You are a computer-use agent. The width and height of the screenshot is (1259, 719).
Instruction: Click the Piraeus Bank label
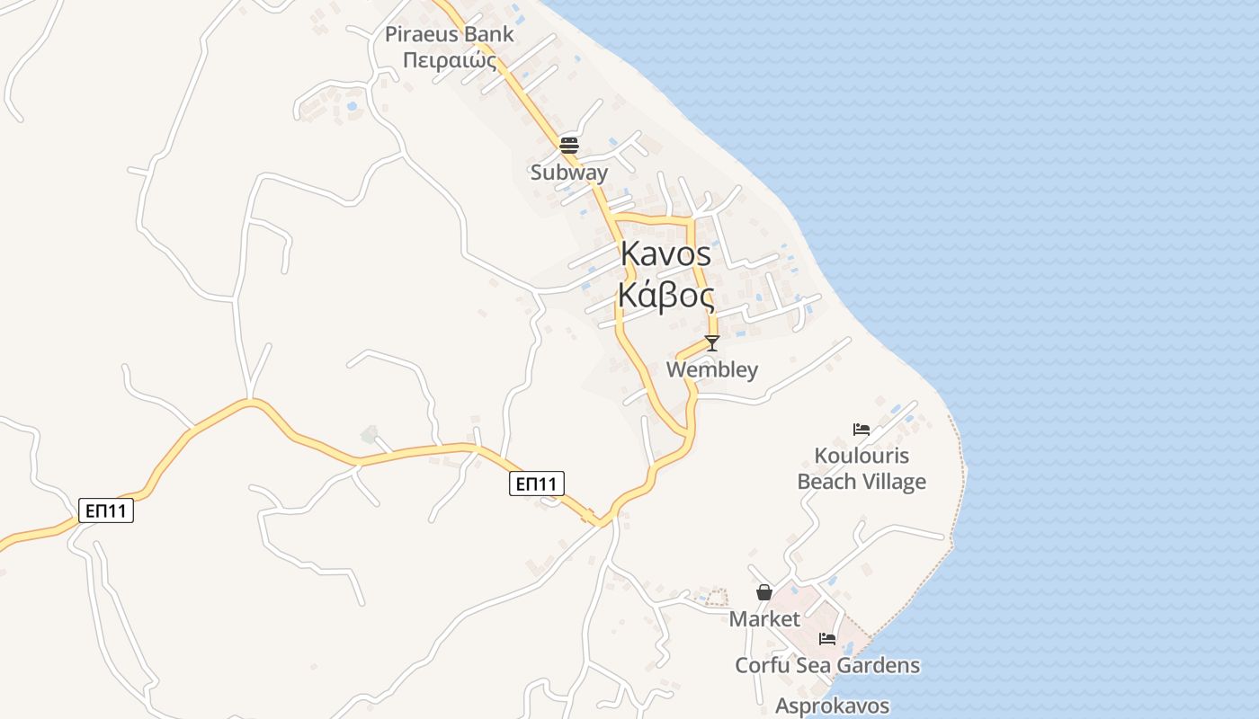(x=450, y=35)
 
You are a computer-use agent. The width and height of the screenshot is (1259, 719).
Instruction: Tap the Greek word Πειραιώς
(x=450, y=59)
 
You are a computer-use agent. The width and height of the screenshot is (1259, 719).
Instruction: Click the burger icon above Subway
(x=569, y=145)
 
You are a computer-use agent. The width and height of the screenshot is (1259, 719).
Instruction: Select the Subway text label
(x=569, y=172)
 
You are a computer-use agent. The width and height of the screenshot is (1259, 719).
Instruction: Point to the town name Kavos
(x=665, y=254)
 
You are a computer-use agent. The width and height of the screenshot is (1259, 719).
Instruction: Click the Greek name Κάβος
(x=665, y=295)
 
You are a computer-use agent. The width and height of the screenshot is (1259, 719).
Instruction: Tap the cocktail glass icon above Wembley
(x=712, y=343)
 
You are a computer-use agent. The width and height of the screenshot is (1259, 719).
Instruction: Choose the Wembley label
(x=712, y=369)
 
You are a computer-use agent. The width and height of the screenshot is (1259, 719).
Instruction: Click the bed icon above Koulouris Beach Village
(x=861, y=430)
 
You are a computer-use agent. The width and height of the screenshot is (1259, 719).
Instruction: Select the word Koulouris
(x=862, y=456)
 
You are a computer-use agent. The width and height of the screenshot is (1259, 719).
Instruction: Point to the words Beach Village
(x=862, y=482)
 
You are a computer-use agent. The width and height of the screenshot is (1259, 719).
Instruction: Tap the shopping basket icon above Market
(x=764, y=592)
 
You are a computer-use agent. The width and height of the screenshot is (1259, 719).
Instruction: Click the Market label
(x=764, y=618)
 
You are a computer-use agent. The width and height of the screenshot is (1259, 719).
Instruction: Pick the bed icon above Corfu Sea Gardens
(x=827, y=639)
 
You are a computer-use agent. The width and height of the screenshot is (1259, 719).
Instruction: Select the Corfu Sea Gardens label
(x=827, y=665)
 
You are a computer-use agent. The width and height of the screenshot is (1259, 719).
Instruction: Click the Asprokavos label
(x=833, y=706)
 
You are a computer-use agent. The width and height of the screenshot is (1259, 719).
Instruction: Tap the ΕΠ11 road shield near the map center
(x=538, y=484)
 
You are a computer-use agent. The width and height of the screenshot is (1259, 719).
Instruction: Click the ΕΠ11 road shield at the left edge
(x=106, y=510)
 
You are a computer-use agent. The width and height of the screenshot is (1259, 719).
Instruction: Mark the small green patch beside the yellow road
(x=369, y=435)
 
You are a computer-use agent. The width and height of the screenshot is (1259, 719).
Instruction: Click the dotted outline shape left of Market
(x=716, y=596)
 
